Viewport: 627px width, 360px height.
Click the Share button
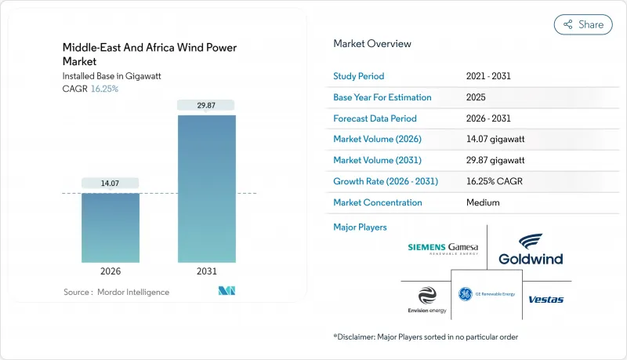[583, 24]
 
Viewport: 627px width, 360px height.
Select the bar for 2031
[207, 188]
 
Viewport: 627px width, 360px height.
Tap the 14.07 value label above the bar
[111, 184]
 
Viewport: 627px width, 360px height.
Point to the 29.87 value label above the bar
[207, 105]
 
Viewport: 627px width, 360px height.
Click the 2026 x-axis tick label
[111, 271]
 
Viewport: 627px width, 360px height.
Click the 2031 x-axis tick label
[207, 271]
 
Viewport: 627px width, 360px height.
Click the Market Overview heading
[371, 44]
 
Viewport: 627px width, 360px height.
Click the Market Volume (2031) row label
[379, 161]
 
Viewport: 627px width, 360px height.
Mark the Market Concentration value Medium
[483, 202]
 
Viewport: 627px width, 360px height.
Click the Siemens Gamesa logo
[442, 249]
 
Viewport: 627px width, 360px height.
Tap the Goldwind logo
[530, 249]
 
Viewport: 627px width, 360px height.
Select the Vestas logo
[545, 299]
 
